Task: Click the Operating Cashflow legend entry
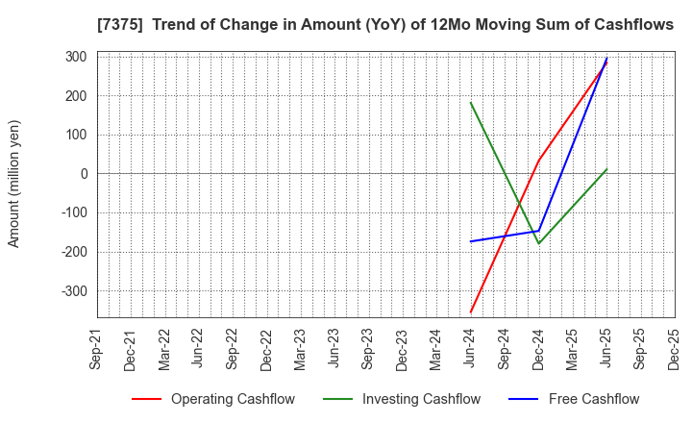(233, 399)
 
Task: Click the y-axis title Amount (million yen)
(14, 184)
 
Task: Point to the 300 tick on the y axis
(76, 57)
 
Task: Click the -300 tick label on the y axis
(73, 290)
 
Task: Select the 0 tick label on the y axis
(84, 174)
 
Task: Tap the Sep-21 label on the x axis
(97, 350)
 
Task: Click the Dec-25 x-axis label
(674, 350)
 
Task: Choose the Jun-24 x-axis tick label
(470, 350)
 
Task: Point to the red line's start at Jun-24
(470, 312)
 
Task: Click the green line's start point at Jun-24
(470, 102)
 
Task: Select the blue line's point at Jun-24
(470, 241)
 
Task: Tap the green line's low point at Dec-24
(538, 243)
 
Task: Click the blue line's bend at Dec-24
(538, 231)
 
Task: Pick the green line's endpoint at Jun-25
(606, 169)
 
